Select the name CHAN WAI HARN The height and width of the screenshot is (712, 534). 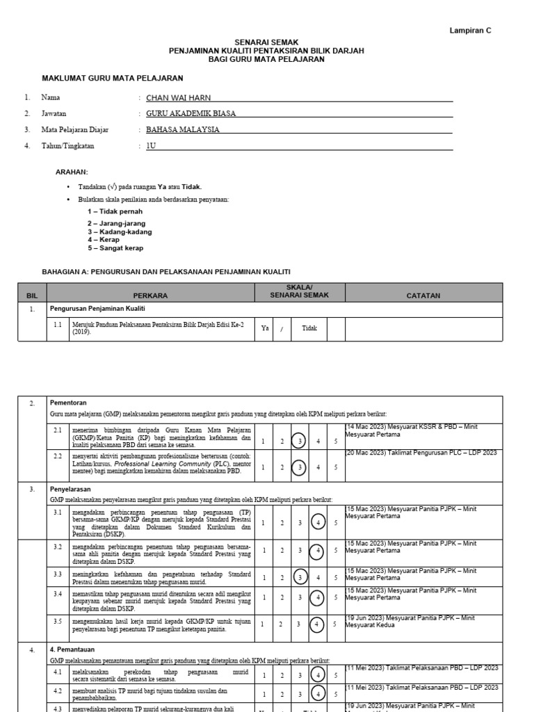172,98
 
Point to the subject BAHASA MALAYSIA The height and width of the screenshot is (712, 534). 182,129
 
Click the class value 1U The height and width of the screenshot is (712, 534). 150,146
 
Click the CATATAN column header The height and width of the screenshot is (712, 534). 423,296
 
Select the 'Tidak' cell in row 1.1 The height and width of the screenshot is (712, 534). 309,328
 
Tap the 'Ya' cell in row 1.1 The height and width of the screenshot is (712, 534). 264,328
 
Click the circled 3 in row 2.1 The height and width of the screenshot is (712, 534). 300,440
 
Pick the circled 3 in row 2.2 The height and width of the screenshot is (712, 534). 300,467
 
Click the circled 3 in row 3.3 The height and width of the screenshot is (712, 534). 300,577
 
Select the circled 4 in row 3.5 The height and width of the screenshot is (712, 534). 318,624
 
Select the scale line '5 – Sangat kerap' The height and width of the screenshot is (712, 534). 115,248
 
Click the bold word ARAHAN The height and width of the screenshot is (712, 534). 71,172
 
